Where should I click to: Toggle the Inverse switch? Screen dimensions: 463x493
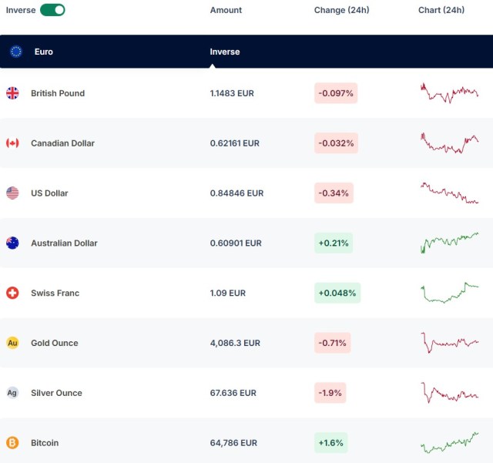52,10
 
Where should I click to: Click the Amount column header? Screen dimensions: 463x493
226,10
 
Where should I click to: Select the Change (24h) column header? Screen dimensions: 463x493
341,10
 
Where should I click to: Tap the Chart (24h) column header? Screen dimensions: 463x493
441,10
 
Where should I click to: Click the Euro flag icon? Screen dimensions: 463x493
15,52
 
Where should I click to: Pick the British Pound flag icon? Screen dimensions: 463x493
12,93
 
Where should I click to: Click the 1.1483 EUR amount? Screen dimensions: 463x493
232,93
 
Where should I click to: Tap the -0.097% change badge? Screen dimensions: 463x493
336,93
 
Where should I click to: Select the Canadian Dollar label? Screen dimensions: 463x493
62,143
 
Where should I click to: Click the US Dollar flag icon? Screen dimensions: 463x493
12,193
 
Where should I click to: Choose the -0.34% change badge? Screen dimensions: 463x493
334,193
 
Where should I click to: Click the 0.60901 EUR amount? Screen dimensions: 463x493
236,243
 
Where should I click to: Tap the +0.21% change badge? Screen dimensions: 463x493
334,243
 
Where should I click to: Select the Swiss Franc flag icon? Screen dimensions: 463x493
12,293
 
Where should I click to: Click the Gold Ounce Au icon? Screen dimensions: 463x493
12,343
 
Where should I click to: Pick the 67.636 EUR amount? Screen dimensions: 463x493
233,393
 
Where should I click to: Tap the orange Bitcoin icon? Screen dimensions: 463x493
12,443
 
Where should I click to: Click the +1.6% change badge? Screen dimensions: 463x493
330,443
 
